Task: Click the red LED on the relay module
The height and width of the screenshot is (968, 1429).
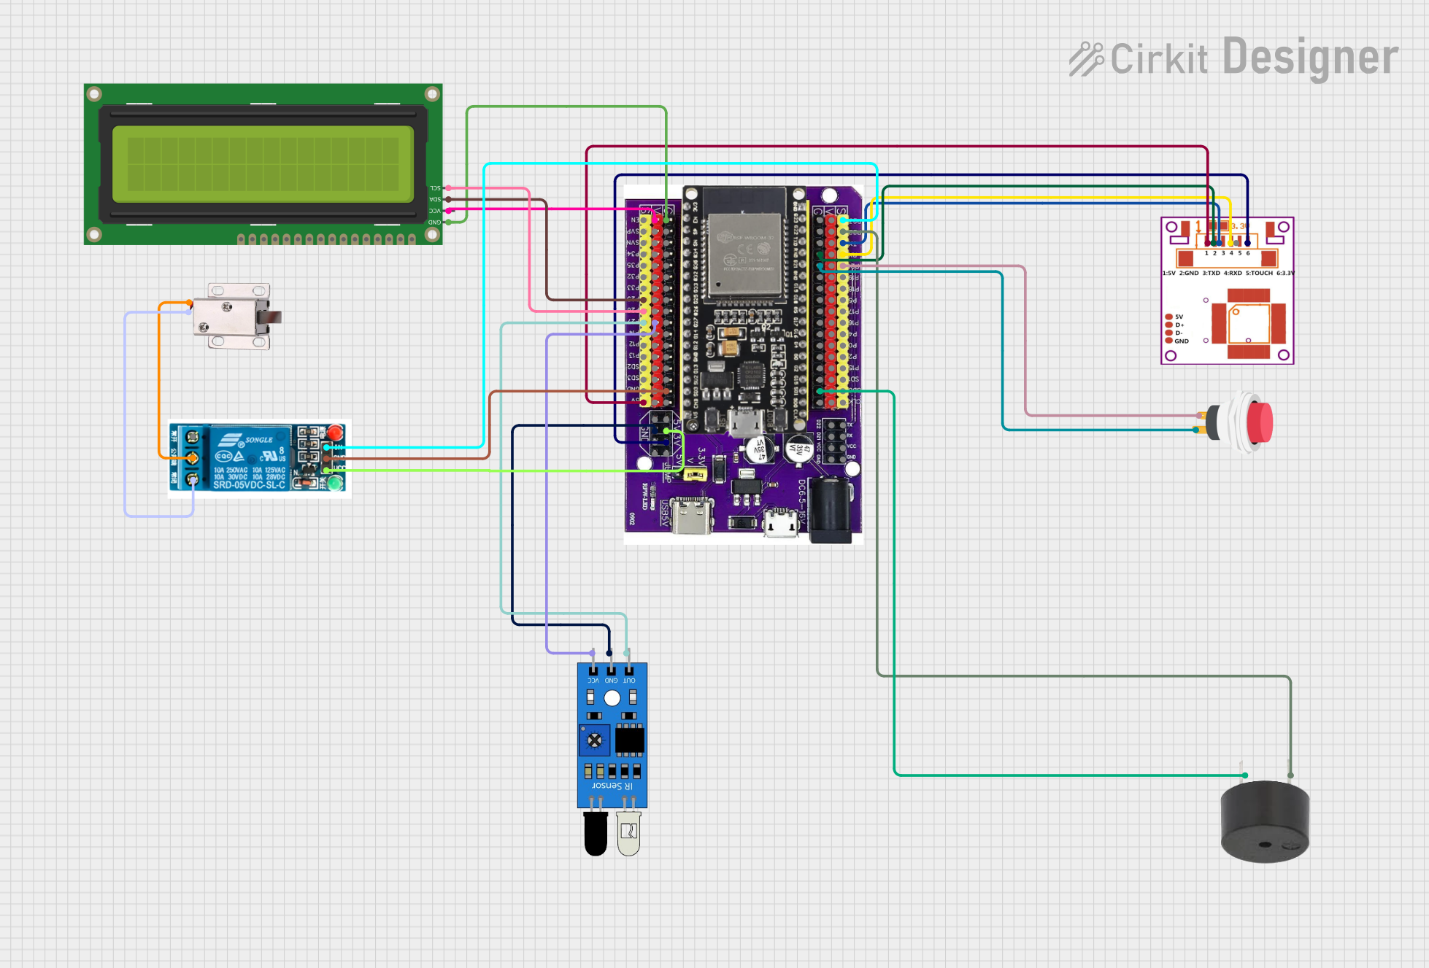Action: pyautogui.click(x=336, y=432)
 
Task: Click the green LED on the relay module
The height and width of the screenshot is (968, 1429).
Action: pyautogui.click(x=335, y=482)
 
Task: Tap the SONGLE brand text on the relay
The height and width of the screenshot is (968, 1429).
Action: pyautogui.click(x=258, y=440)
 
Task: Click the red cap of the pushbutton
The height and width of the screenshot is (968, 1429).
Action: pyautogui.click(x=1260, y=422)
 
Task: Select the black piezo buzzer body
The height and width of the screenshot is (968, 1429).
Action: pyautogui.click(x=1265, y=822)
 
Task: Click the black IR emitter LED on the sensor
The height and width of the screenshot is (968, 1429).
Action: pyautogui.click(x=596, y=833)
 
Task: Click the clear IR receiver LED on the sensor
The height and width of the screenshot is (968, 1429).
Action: pyautogui.click(x=628, y=833)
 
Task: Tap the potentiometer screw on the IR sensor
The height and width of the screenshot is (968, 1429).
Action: pyautogui.click(x=595, y=740)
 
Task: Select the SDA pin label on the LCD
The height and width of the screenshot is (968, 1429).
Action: pyautogui.click(x=435, y=199)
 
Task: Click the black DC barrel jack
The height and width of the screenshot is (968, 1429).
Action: pyautogui.click(x=831, y=510)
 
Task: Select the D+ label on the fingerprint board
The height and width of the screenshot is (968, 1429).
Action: pyautogui.click(x=1179, y=325)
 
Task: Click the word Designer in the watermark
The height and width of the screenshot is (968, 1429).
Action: pyautogui.click(x=1310, y=58)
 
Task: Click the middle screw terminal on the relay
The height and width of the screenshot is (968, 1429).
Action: pyautogui.click(x=192, y=458)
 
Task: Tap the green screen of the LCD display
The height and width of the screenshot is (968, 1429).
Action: pyautogui.click(x=263, y=164)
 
